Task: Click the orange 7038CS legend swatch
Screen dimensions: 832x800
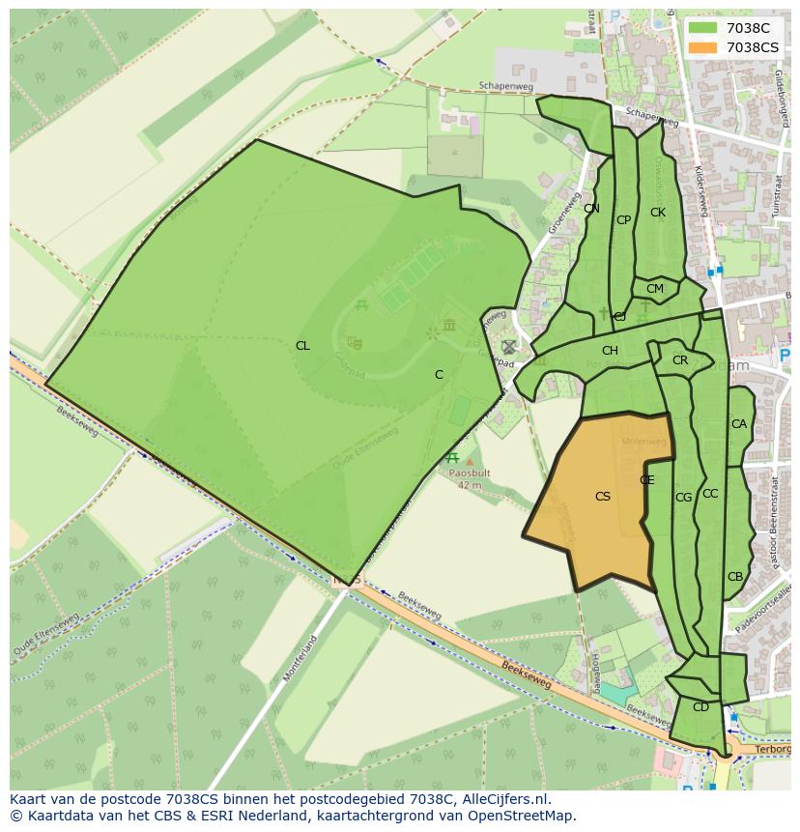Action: [x=703, y=47]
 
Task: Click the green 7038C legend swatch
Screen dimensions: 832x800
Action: [x=703, y=29]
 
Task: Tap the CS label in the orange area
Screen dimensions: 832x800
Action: [x=603, y=497]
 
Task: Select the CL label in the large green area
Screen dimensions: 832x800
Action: [x=302, y=346]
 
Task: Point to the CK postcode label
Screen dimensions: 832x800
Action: [x=658, y=213]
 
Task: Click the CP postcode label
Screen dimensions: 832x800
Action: [x=624, y=220]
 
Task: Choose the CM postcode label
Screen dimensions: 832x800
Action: [x=655, y=289]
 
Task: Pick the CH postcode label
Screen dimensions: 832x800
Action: [x=610, y=351]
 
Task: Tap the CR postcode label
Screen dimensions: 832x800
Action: [x=680, y=360]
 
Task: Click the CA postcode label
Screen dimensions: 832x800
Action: [x=739, y=424]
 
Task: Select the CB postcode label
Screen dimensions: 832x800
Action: [x=735, y=577]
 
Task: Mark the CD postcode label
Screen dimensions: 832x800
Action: [x=700, y=707]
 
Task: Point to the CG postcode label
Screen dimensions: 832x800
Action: [x=684, y=498]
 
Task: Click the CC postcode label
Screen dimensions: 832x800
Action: [x=710, y=494]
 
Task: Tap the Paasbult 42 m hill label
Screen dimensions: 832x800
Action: [x=470, y=478]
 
